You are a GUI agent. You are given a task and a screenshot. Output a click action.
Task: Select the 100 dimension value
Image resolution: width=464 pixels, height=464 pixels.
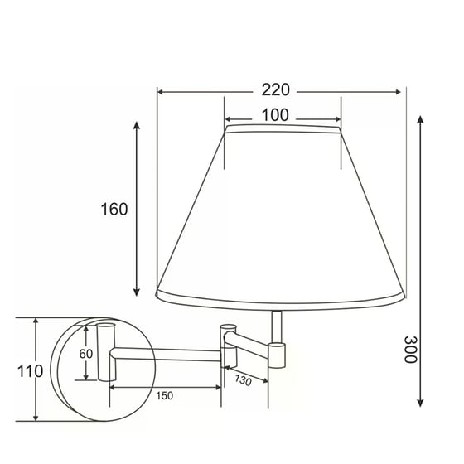click(273, 115)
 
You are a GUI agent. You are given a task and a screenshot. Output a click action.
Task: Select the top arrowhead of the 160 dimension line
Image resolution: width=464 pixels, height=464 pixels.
click(138, 124)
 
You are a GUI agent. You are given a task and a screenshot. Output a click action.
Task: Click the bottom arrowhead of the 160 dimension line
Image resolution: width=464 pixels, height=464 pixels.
click(138, 294)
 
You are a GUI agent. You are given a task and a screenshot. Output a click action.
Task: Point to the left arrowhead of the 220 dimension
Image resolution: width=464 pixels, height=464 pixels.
click(161, 92)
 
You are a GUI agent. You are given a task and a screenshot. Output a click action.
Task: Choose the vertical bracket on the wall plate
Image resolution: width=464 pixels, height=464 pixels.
click(104, 352)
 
